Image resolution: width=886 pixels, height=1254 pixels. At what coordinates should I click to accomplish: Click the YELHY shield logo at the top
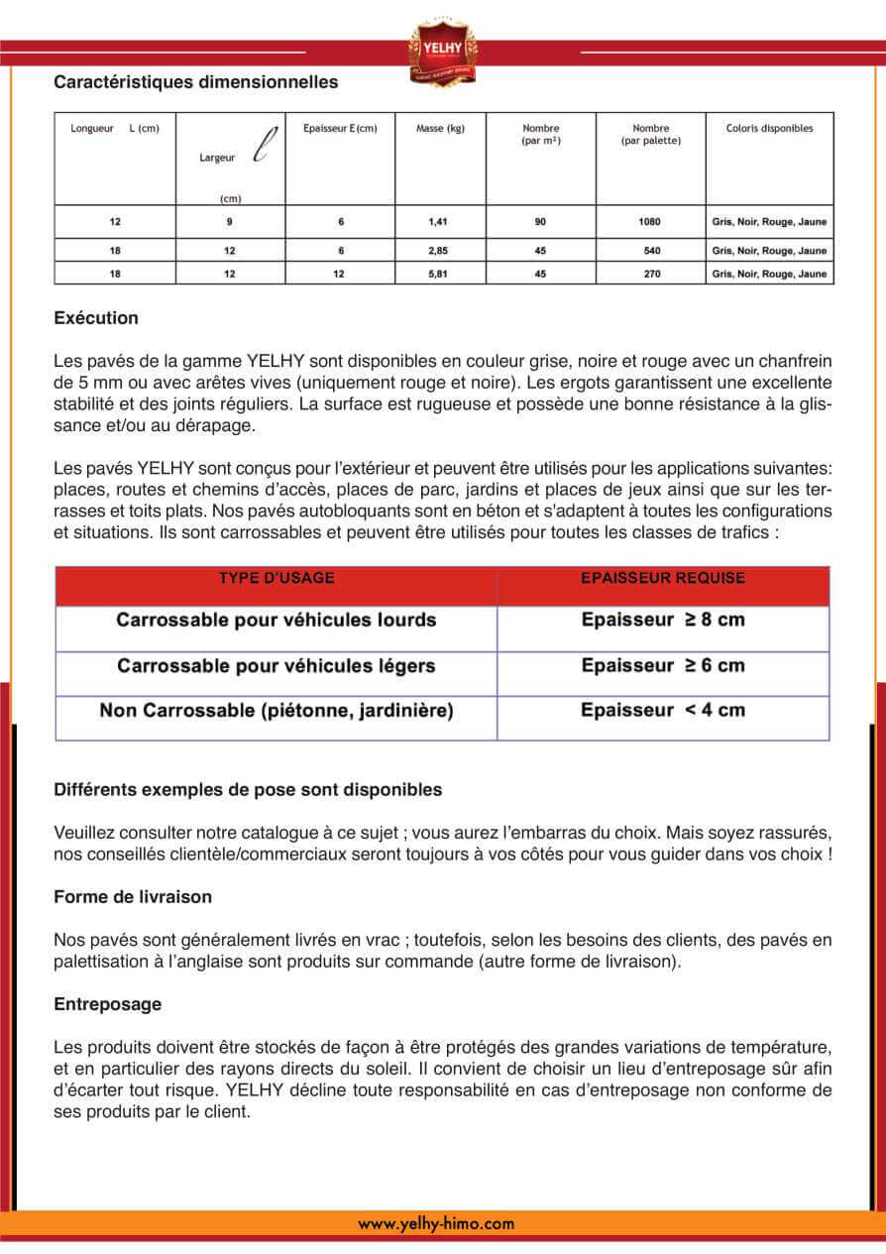click(442, 51)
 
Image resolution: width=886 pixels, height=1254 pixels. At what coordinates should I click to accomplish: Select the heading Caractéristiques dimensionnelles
click(195, 82)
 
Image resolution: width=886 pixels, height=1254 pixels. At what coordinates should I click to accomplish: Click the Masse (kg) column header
click(440, 129)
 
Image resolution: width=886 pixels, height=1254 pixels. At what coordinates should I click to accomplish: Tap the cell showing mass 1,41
click(438, 222)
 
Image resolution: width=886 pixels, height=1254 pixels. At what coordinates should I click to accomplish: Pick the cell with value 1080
click(650, 222)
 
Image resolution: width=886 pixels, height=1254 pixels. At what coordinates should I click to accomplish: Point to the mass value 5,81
click(438, 274)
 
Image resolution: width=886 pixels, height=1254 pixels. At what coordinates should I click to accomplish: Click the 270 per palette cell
click(651, 274)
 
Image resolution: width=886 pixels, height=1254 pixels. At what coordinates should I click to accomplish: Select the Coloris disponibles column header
click(769, 129)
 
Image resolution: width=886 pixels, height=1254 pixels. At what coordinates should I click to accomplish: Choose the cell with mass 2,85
click(438, 251)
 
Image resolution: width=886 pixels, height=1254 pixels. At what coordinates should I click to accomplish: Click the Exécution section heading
click(96, 318)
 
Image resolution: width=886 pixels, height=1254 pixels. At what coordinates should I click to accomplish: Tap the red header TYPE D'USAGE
click(277, 579)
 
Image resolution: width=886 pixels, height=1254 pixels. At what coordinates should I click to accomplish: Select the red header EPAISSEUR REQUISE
click(662, 579)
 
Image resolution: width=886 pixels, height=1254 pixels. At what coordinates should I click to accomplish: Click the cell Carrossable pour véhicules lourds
click(277, 621)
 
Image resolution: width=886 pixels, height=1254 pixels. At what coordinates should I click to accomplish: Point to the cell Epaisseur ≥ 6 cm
click(662, 665)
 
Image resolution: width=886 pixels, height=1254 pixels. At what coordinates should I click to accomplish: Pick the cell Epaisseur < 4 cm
click(662, 711)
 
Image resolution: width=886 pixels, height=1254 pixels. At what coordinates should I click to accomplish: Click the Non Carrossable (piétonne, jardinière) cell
click(277, 711)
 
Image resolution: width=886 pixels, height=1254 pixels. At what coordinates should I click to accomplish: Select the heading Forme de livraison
click(133, 896)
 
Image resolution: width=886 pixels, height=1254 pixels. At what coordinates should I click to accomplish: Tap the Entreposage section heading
click(107, 1004)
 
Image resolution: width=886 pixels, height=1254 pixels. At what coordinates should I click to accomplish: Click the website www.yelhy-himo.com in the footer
click(436, 1224)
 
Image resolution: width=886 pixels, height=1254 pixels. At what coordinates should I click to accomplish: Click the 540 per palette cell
click(651, 251)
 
